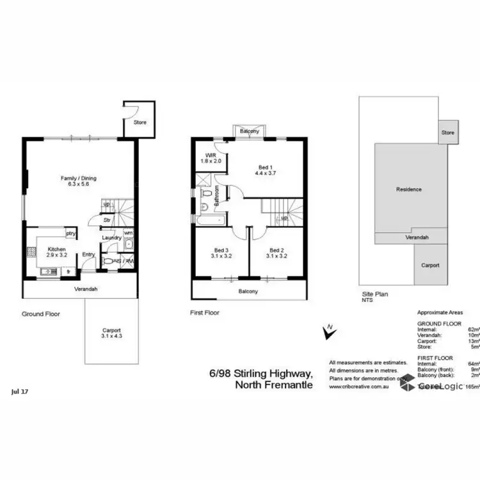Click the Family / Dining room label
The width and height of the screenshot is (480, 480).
79,179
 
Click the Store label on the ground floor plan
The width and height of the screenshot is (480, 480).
140,122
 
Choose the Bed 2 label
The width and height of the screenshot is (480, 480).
276,250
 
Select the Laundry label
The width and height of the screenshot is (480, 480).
111,238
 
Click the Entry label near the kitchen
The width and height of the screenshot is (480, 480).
88,254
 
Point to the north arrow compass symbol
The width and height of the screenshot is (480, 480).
328,332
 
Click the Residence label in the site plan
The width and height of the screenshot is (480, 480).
409,189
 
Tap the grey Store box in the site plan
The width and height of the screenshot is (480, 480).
447,132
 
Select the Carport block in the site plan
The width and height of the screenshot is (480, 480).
430,264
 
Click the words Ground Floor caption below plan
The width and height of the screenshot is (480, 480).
42,314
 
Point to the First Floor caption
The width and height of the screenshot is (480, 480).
205,314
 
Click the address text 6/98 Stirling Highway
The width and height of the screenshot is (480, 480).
261,373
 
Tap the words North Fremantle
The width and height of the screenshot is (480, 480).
274,385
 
